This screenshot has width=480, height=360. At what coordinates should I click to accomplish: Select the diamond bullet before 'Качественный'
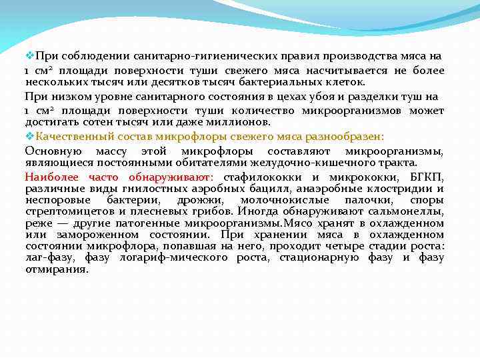point(29,136)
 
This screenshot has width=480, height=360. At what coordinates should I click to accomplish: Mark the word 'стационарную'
point(320,257)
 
